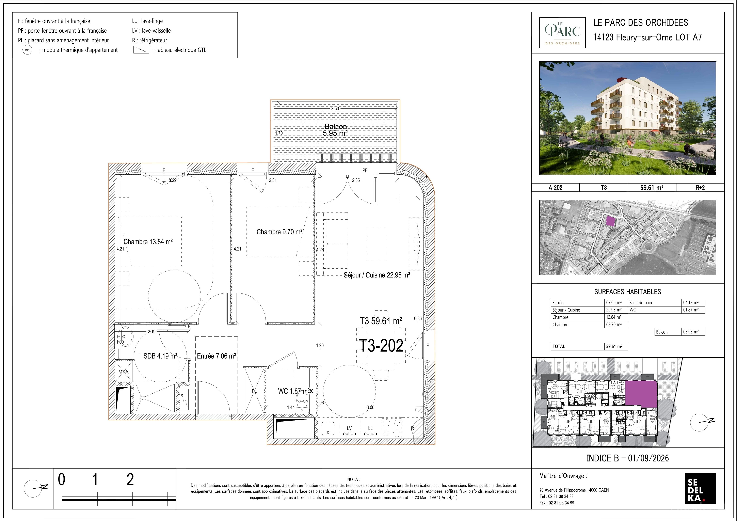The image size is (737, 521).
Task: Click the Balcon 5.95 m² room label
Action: click(335, 130)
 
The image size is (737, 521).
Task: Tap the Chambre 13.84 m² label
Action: click(148, 242)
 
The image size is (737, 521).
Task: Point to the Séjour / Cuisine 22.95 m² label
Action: click(377, 275)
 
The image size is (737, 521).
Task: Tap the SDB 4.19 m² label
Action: click(160, 356)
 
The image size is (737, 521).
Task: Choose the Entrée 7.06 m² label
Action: click(216, 356)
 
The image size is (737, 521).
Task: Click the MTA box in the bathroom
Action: click(124, 372)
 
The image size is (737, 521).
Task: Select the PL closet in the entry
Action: click(254, 391)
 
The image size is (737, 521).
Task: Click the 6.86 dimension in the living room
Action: click(418, 318)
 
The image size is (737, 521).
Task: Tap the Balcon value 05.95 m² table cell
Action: click(691, 332)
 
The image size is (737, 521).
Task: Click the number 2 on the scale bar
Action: click(130, 480)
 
